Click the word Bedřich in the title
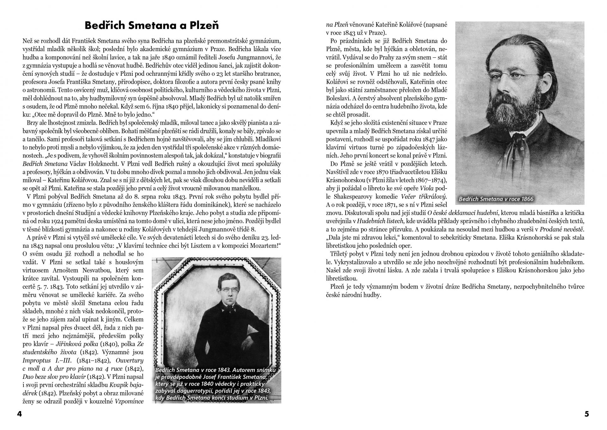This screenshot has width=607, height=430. [103, 25]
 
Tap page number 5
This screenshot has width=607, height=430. [587, 414]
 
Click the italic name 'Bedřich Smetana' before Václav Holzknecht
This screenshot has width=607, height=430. [45, 164]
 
